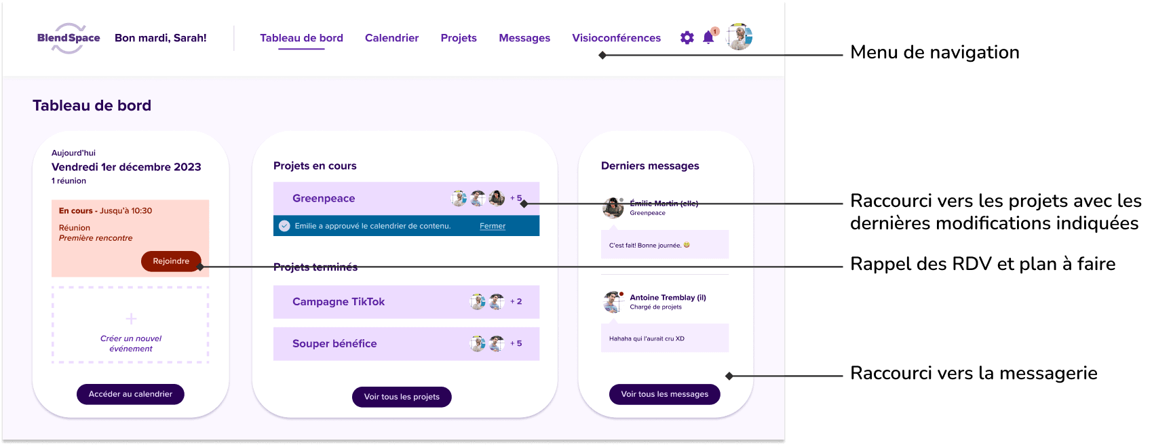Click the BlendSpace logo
69,38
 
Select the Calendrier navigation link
391,38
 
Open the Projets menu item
459,38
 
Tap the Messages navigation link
524,38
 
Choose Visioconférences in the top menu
616,38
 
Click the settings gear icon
687,38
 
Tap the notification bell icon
708,38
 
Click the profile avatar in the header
739,37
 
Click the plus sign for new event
131,319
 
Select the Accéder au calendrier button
130,394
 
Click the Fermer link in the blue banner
493,226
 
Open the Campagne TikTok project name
339,302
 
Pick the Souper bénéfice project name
334,344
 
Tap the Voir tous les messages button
664,394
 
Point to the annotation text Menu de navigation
934,53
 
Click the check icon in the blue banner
285,226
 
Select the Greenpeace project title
324,198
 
